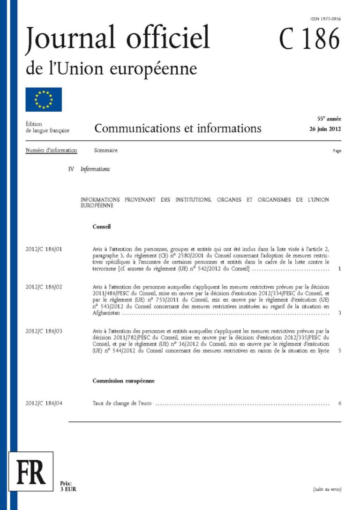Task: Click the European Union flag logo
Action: click(x=44, y=99)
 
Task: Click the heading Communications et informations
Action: click(x=178, y=128)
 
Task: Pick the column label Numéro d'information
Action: click(x=52, y=151)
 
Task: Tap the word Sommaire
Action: click(x=105, y=151)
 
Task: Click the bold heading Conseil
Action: click(x=102, y=227)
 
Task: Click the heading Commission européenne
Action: click(x=124, y=381)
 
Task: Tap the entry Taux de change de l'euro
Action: click(x=122, y=403)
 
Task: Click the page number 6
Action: click(x=339, y=403)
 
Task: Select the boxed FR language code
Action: click(x=31, y=474)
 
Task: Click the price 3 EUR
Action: click(x=68, y=489)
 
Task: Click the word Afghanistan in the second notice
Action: click(x=107, y=312)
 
